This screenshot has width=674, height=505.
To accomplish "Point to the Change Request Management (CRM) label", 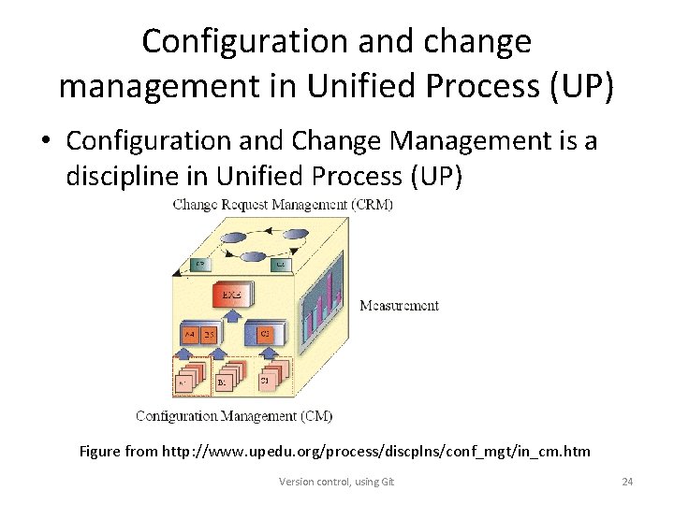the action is click(x=283, y=205).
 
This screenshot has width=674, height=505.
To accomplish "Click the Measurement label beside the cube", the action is click(x=399, y=305).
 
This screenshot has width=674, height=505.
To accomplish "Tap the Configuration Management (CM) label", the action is click(x=234, y=415).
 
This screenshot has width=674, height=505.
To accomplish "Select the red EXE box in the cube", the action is click(x=231, y=296).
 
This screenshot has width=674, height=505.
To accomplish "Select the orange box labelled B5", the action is click(x=210, y=333).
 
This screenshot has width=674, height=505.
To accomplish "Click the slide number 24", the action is click(x=627, y=482).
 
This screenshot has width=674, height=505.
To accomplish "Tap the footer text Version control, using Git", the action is click(x=337, y=482).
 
